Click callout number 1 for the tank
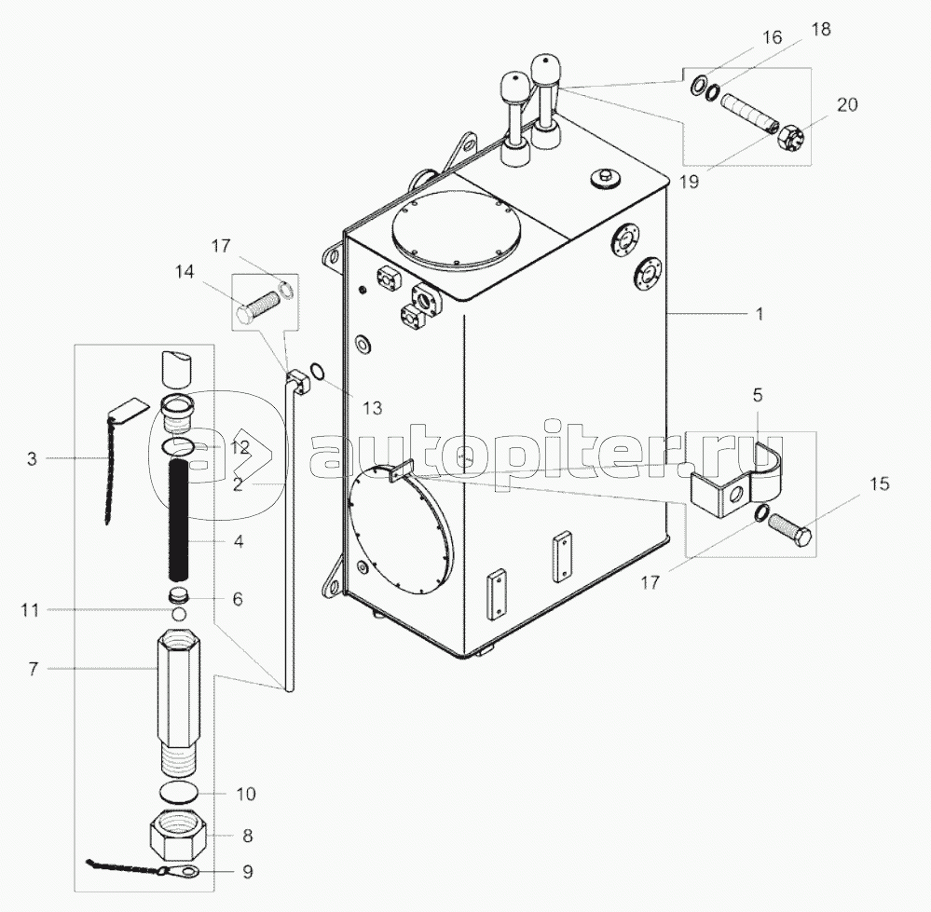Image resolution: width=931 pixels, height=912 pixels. pos(759,313)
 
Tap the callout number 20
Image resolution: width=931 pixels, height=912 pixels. pos(847,104)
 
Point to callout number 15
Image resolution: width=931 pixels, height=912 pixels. pos(880,483)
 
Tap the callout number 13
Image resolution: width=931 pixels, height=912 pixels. pos(372,408)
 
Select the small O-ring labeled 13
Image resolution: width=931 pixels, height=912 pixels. pos(319,371)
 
